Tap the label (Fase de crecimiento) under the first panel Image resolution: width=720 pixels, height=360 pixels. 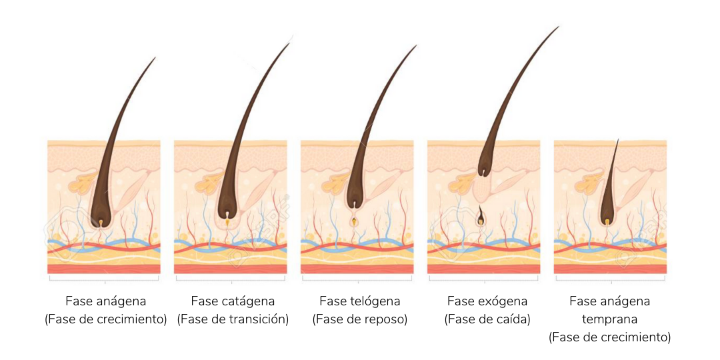(105, 319)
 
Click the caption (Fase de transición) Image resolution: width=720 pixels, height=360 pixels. (233, 319)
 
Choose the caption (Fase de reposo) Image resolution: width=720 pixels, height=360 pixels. (359, 319)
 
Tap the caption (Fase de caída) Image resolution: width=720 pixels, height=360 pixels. (487, 319)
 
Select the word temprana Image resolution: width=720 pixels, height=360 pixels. (609, 319)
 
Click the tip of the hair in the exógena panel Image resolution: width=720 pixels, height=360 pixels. (558, 27)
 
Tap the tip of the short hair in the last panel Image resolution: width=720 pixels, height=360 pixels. (617, 139)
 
